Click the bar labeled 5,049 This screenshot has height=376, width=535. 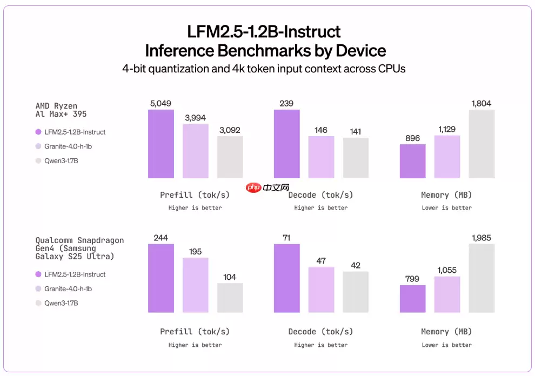pos(161,144)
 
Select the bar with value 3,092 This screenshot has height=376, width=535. pos(230,157)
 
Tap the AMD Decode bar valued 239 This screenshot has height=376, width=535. pos(286,144)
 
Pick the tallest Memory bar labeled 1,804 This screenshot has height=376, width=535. pos(482,144)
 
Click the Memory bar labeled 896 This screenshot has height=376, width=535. pos(412,162)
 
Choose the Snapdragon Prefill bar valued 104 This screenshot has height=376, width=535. pos(230,298)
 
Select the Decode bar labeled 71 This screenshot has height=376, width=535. pos(286,278)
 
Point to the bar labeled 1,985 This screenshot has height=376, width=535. pos(482,278)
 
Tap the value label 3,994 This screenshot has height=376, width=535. pos(195,117)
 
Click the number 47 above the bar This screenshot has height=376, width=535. pos(321,260)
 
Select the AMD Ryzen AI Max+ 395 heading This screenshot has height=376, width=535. pos(61,110)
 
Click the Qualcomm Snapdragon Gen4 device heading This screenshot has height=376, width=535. pos(79,248)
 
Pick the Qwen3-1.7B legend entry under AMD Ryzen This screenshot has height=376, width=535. pos(61,160)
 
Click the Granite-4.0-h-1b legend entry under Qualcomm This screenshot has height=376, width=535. pos(68,288)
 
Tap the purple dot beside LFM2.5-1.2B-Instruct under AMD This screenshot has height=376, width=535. pos(38,132)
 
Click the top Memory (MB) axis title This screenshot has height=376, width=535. pos(446,195)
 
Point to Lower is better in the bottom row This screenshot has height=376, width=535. pos(446,345)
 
